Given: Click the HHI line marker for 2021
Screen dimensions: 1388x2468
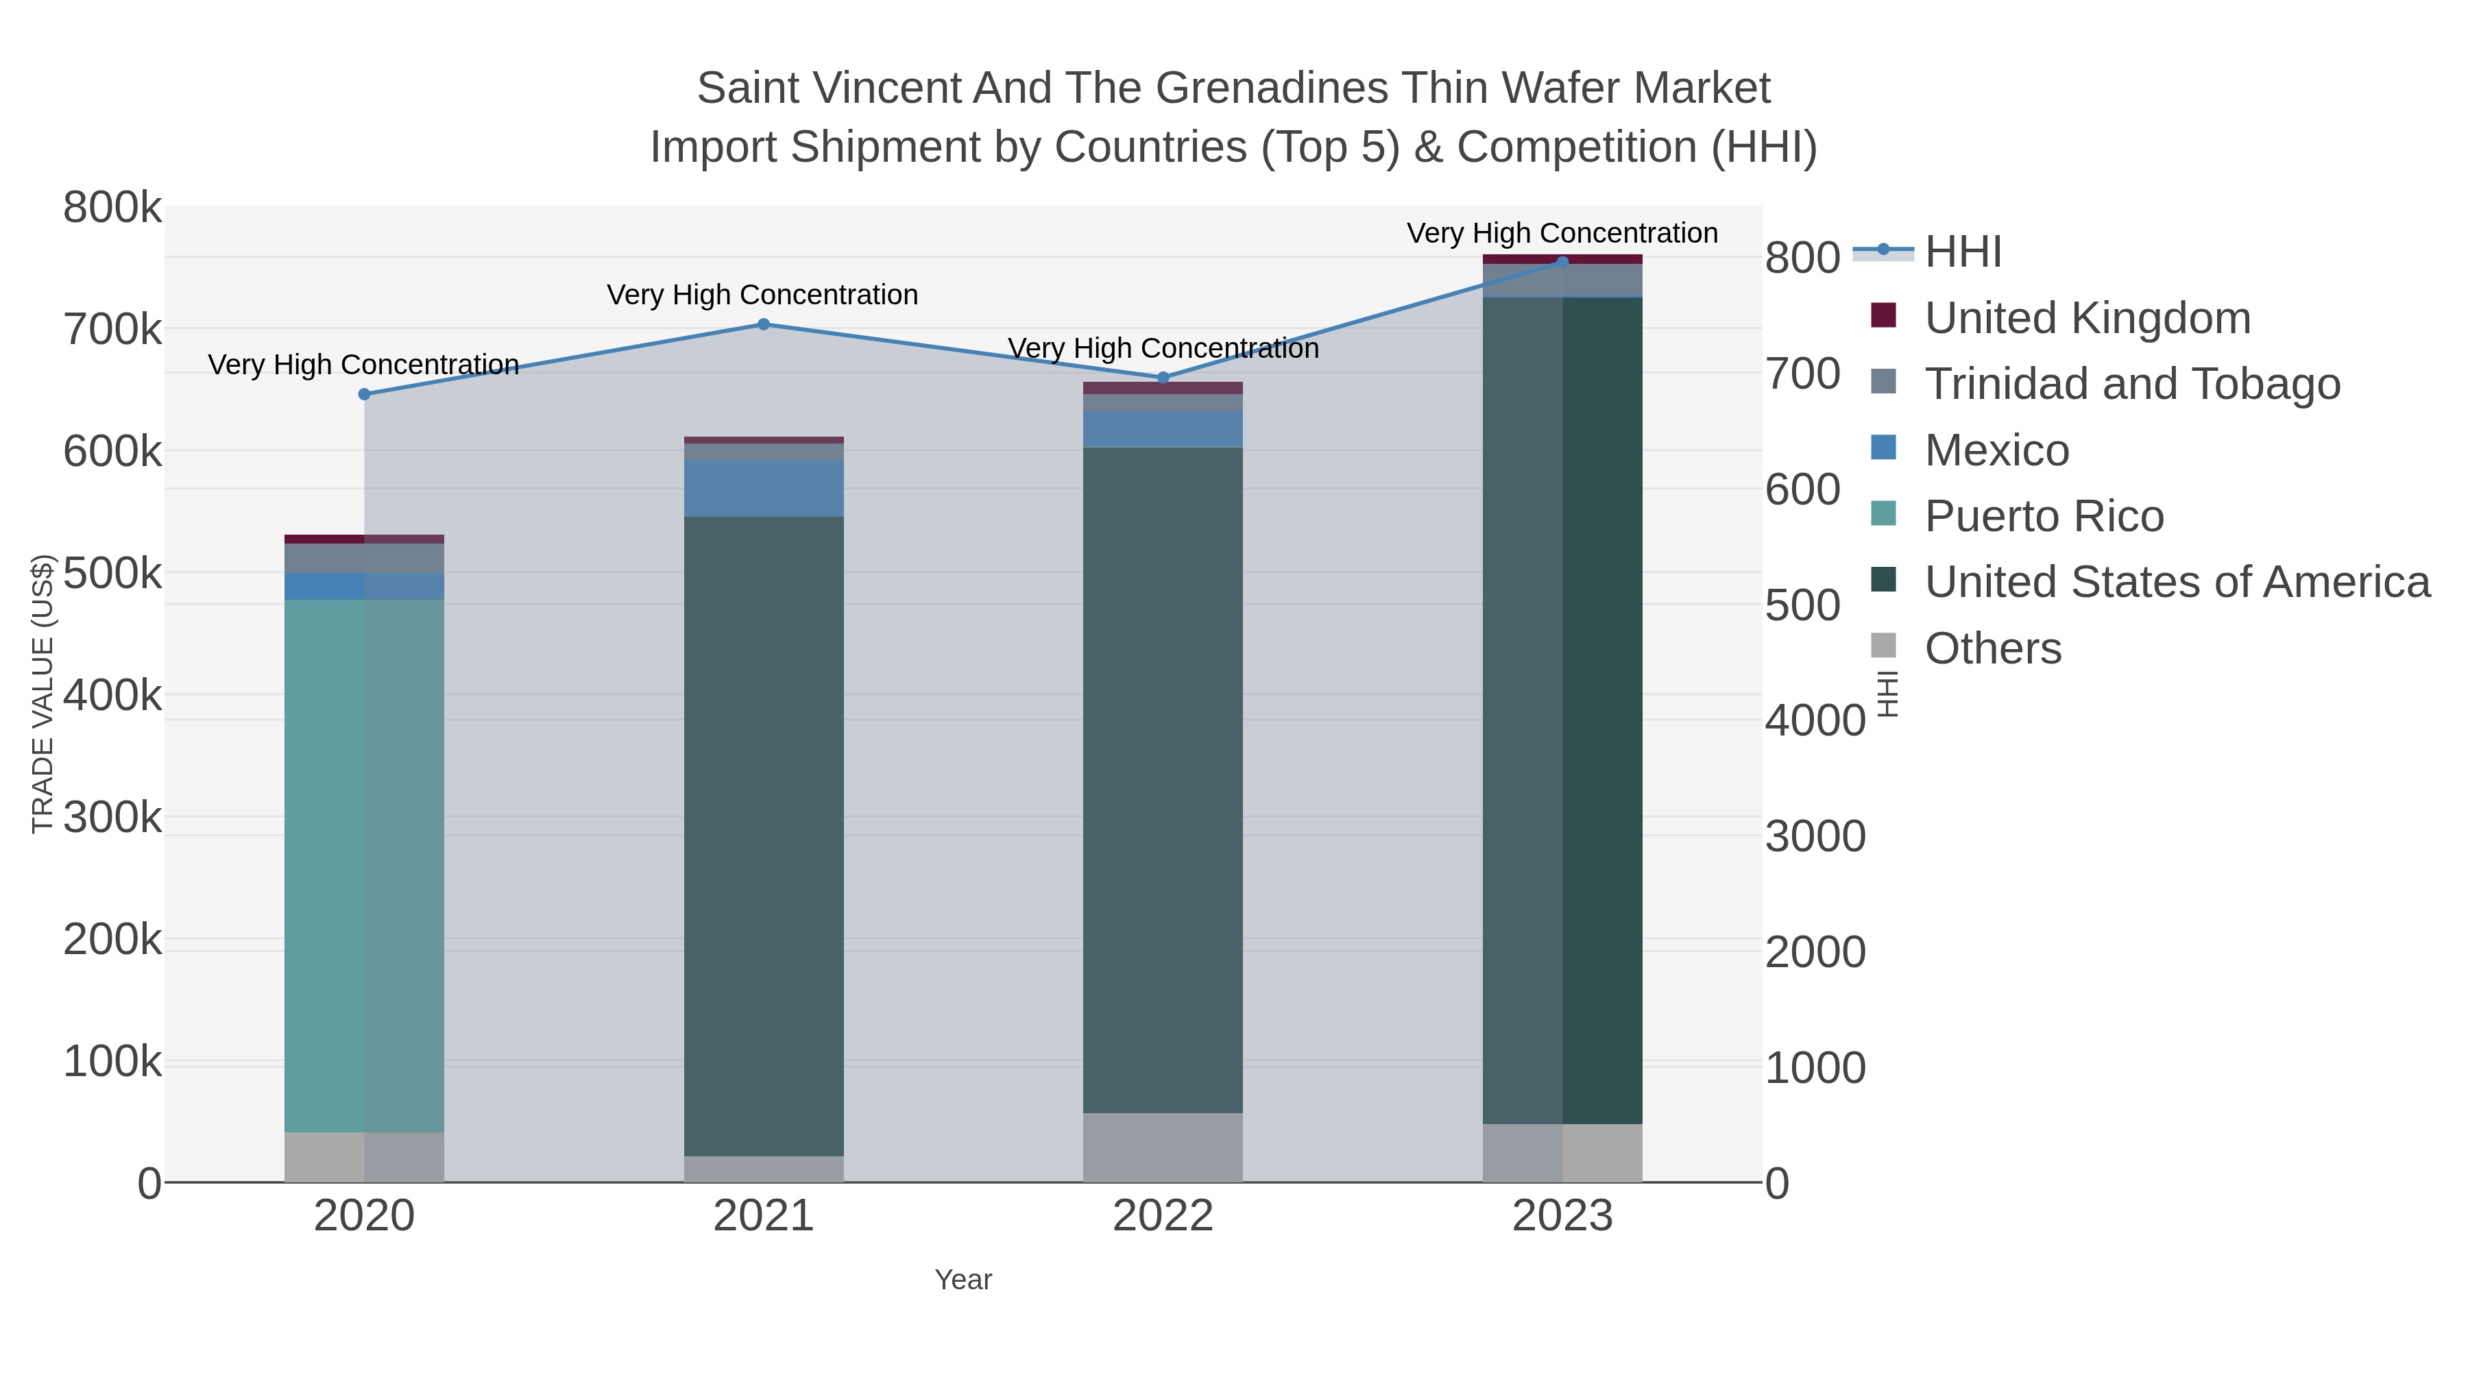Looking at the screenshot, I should [x=764, y=325].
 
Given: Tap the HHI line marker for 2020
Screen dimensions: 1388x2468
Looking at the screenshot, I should [x=364, y=395].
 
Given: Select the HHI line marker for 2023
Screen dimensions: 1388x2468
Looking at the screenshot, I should [x=1562, y=263].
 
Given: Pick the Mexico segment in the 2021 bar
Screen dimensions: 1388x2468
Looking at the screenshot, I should [x=764, y=489].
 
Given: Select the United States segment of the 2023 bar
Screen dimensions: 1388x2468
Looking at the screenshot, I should [x=1562, y=709].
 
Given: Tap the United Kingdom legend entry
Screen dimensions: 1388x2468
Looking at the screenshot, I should [x=2087, y=318].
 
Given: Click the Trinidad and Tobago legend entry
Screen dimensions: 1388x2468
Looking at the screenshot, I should [x=2131, y=384].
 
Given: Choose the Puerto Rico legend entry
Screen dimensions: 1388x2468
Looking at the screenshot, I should [x=2044, y=516].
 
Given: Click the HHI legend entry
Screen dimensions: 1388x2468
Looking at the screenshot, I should [x=1962, y=252].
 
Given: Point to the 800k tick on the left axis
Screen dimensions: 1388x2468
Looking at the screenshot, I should [x=112, y=208].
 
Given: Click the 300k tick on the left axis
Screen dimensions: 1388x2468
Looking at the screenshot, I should [x=112, y=818].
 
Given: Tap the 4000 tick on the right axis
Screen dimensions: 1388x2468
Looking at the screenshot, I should [x=1815, y=720].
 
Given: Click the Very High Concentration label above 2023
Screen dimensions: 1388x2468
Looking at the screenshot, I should [x=1562, y=233].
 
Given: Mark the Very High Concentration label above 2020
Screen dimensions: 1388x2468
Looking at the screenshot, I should [x=363, y=365].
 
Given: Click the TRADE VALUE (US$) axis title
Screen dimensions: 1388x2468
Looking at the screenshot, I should [x=43, y=694].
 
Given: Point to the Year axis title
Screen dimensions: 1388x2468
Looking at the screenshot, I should [x=963, y=1280].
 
